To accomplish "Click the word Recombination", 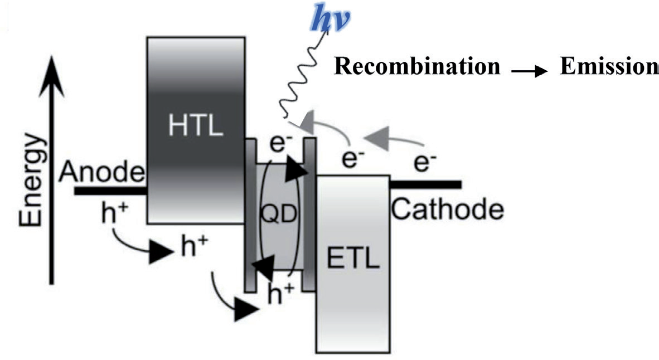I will pos(417,66).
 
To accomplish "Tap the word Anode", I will pos(102,172).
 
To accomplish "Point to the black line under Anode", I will pos(110,191).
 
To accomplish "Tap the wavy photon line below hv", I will pos(301,84).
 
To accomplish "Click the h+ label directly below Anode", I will pos(114,216).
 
